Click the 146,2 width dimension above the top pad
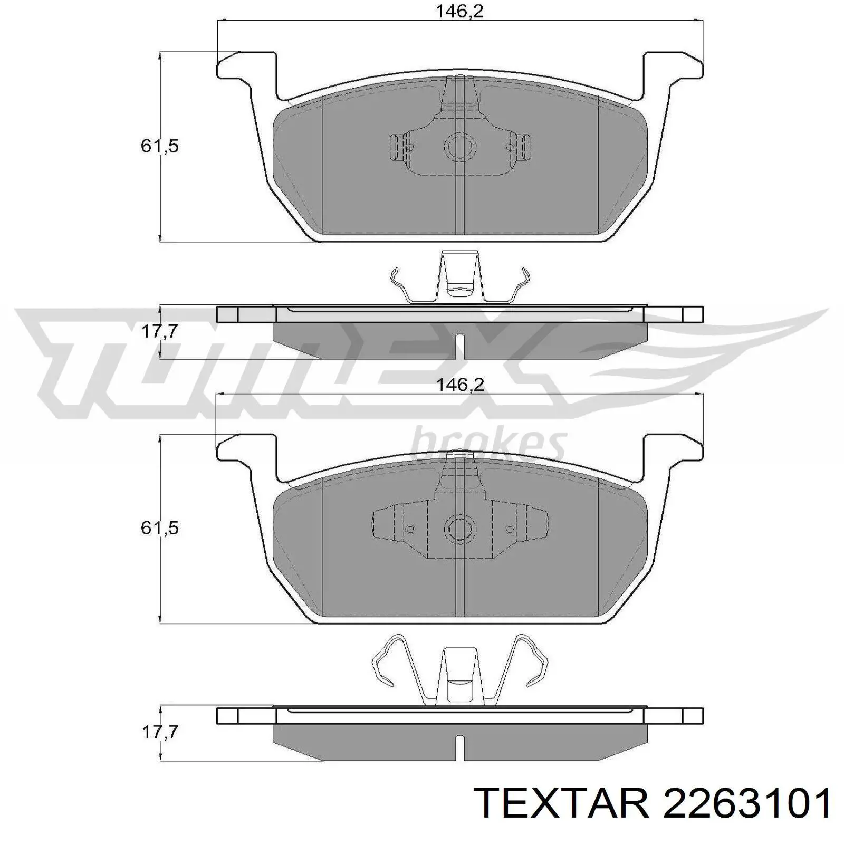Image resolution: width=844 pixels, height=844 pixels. [x=459, y=11]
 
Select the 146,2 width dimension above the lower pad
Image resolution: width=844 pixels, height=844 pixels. [x=459, y=385]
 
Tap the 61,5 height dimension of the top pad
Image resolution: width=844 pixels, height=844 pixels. [x=159, y=146]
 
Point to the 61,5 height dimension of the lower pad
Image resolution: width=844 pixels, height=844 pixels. [x=159, y=527]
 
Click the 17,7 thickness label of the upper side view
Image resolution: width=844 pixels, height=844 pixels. [x=159, y=332]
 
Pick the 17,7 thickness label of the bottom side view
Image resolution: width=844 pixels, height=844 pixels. [x=159, y=732]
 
